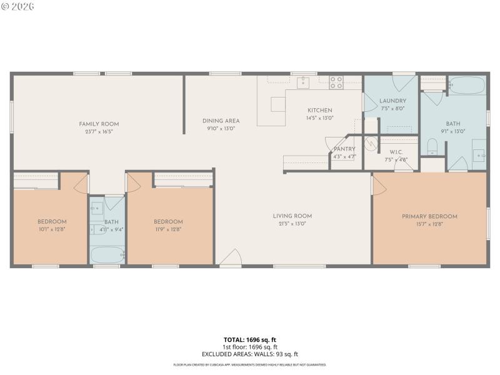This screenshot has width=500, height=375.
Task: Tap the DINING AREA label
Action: click(x=221, y=121)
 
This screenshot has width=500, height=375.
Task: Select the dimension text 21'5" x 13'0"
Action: click(x=292, y=224)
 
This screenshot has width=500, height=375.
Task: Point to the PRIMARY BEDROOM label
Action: click(x=429, y=216)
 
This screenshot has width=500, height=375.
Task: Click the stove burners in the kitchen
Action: click(x=336, y=81)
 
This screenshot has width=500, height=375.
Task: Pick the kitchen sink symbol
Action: click(x=303, y=82)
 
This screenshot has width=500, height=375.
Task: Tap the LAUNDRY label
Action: click(x=393, y=101)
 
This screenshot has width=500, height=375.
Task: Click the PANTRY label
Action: click(x=344, y=149)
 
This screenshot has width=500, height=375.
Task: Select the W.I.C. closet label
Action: click(x=395, y=151)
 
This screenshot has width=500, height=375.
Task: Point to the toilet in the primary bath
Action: click(x=432, y=148)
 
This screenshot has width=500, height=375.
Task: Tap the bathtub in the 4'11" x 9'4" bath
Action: click(x=107, y=255)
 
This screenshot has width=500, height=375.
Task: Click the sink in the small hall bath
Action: click(x=97, y=207)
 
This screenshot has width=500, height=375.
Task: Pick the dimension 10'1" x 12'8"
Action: click(x=52, y=229)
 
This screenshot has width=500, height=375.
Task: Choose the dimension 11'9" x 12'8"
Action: click(x=168, y=229)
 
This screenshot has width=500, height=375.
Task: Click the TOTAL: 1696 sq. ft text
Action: click(x=250, y=339)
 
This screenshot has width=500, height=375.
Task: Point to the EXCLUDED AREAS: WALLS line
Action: click(x=250, y=354)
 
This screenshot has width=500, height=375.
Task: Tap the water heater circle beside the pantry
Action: click(x=371, y=144)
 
